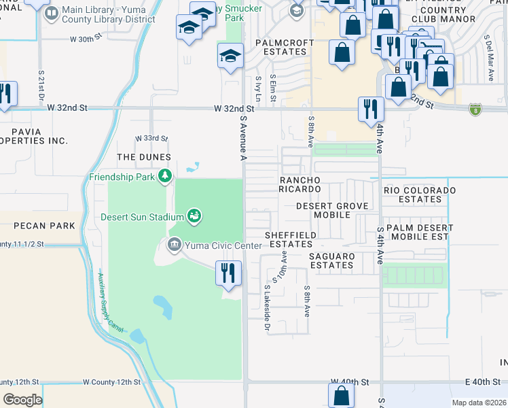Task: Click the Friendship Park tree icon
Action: tap(164, 177)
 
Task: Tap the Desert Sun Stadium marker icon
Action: tap(194, 216)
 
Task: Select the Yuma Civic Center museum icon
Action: tap(174, 244)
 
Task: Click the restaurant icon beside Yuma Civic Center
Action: tap(228, 273)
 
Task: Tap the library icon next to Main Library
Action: tap(52, 12)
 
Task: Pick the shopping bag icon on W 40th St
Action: tap(341, 395)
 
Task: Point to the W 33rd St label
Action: tap(151, 138)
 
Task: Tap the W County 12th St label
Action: tap(111, 383)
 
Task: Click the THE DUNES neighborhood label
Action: tap(144, 157)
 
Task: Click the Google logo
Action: tap(22, 400)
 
